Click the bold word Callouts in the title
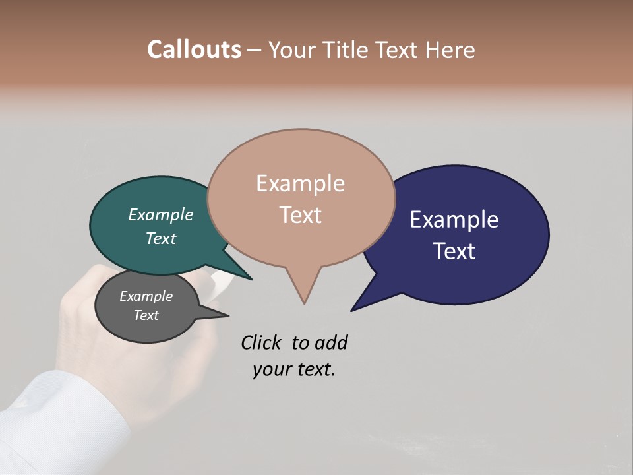pyautogui.click(x=194, y=49)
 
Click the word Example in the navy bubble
pyautogui.click(x=454, y=220)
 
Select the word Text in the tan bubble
pyautogui.click(x=301, y=215)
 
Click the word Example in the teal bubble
pyautogui.click(x=161, y=215)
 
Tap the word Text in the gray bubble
pyautogui.click(x=146, y=315)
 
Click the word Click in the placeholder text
pyautogui.click(x=262, y=342)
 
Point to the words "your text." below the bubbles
pyautogui.click(x=294, y=370)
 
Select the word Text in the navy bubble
pyautogui.click(x=454, y=251)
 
